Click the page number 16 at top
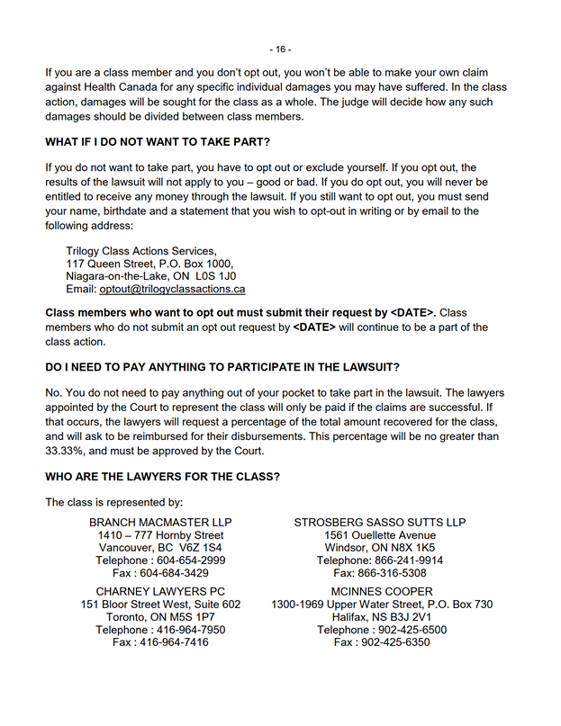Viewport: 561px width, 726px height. (280, 49)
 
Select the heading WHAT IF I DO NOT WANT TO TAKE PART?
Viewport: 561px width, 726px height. (158, 142)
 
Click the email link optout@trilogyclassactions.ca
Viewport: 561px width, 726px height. (172, 290)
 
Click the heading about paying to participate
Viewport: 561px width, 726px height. (222, 368)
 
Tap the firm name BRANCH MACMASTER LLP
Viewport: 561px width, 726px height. (160, 522)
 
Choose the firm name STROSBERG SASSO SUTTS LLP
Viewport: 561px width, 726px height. (380, 522)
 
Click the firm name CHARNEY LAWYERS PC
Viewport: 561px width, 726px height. (160, 591)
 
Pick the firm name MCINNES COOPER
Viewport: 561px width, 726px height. (382, 591)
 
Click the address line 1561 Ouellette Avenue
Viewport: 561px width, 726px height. (380, 534)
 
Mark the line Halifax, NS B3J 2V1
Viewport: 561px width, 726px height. (382, 617)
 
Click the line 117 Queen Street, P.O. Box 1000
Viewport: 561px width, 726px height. (149, 264)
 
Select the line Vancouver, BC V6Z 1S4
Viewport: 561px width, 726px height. (160, 547)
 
